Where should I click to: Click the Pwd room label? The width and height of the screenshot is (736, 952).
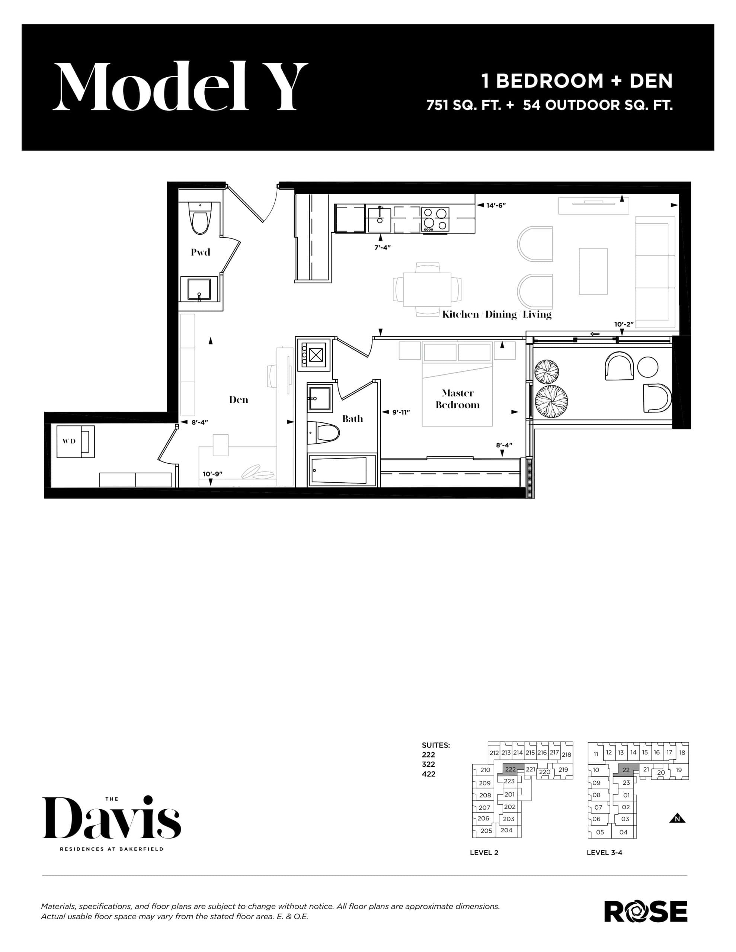pos(200,252)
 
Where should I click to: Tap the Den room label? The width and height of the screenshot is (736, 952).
pos(239,399)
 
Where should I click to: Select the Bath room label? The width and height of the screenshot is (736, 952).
pos(352,418)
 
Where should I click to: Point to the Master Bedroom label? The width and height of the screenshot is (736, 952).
pos(458,399)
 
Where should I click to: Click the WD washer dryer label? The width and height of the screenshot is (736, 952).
pos(69,441)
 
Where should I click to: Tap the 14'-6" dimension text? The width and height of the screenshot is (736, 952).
pos(496,205)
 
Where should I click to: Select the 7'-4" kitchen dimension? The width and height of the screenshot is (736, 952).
pos(382,247)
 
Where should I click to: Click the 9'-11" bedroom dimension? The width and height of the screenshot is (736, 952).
pos(400,412)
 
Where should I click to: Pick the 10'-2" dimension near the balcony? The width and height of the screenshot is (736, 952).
pos(623,324)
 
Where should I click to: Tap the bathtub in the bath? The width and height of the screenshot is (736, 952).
pos(342,470)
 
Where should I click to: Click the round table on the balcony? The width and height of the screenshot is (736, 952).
pos(647,367)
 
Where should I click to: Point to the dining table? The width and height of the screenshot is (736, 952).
pos(427,289)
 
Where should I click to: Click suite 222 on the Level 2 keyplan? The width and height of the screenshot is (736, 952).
pos(511,769)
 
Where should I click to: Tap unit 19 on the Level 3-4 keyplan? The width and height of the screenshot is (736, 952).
pos(678,770)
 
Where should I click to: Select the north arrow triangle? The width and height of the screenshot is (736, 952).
pos(677,818)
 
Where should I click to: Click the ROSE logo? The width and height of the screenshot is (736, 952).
pos(645,911)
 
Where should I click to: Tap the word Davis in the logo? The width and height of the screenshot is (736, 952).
pos(111,820)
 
